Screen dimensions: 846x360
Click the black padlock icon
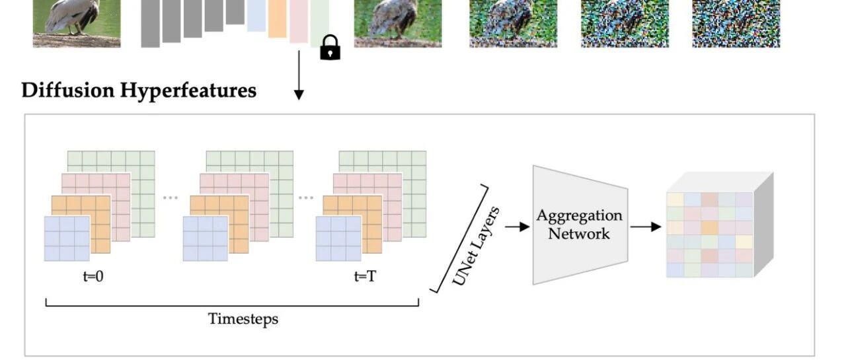click(x=330, y=48)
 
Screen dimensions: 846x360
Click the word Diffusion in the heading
click(x=68, y=90)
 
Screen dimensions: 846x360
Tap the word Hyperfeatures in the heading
click(x=188, y=91)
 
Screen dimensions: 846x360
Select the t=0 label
click(x=93, y=277)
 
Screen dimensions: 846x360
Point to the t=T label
click(x=365, y=277)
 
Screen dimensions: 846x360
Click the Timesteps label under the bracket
click(x=243, y=319)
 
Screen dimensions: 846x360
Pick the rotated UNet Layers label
click(x=477, y=246)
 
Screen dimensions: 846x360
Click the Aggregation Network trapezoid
click(x=580, y=225)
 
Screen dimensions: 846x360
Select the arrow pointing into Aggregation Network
click(x=517, y=227)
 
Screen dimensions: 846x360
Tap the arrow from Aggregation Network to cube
click(x=646, y=227)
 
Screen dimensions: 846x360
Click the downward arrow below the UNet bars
click(x=299, y=75)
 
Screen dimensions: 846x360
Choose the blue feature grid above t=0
click(x=67, y=238)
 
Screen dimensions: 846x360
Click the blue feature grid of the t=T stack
click(x=338, y=238)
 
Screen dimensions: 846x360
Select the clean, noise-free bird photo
click(x=77, y=23)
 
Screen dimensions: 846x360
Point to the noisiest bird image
click(x=736, y=23)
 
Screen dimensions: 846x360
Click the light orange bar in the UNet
click(x=277, y=18)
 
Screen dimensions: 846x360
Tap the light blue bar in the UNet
click(x=256, y=15)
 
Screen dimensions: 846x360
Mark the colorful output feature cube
click(x=720, y=225)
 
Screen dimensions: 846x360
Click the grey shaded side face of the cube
click(x=763, y=225)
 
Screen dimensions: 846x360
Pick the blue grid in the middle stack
click(x=206, y=238)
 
